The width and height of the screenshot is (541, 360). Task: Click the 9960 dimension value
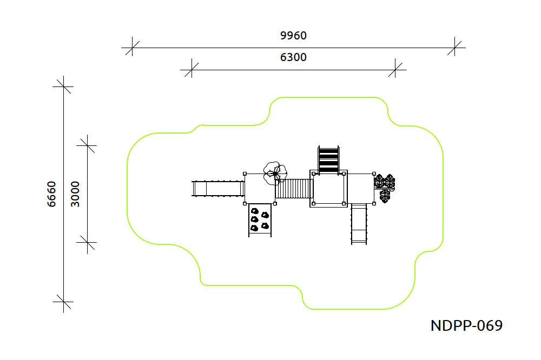tap(293, 36)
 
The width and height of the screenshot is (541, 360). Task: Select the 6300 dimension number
tap(293, 57)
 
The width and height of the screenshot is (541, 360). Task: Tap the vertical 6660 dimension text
tap(51, 194)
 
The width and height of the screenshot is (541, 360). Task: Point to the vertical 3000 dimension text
tap(75, 194)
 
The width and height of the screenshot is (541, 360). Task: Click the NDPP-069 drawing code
tap(466, 325)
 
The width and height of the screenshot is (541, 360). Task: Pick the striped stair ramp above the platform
tap(328, 159)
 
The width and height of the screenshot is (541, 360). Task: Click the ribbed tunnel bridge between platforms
tap(294, 189)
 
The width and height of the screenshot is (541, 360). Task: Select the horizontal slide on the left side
tap(218, 189)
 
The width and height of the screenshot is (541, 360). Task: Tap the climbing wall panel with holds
tap(260, 220)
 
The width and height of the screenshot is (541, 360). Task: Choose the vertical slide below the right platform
tap(359, 224)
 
